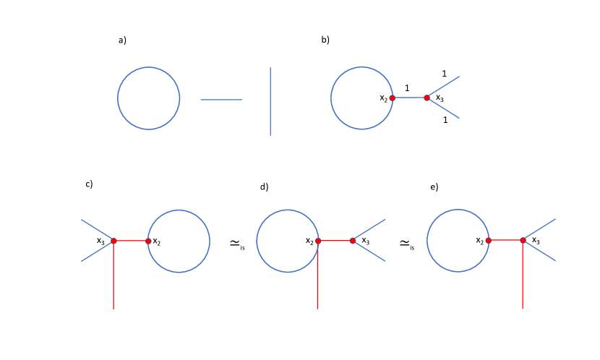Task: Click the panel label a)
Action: (122, 40)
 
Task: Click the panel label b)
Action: (325, 40)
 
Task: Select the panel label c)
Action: (89, 184)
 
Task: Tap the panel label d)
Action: (264, 187)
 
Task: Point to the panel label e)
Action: (434, 187)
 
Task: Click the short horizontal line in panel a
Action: (221, 100)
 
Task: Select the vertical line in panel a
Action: (270, 101)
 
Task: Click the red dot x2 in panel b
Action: (392, 98)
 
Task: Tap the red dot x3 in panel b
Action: (427, 98)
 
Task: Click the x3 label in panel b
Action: (440, 98)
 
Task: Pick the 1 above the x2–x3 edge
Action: (407, 87)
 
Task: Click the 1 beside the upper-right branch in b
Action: (444, 74)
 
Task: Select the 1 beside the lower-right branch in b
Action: (445, 120)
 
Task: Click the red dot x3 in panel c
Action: (113, 241)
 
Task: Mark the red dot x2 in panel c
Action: (148, 241)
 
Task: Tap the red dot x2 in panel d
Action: (317, 241)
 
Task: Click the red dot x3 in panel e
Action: (523, 240)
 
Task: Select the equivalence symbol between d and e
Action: (406, 245)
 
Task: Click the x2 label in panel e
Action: (479, 240)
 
